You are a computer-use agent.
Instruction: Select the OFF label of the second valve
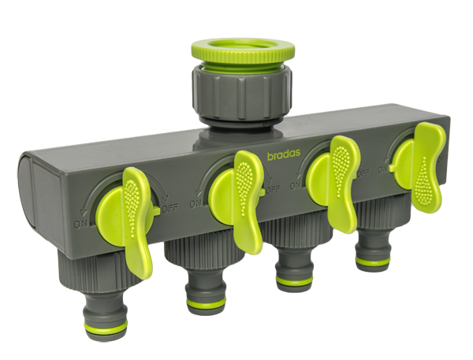273,189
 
